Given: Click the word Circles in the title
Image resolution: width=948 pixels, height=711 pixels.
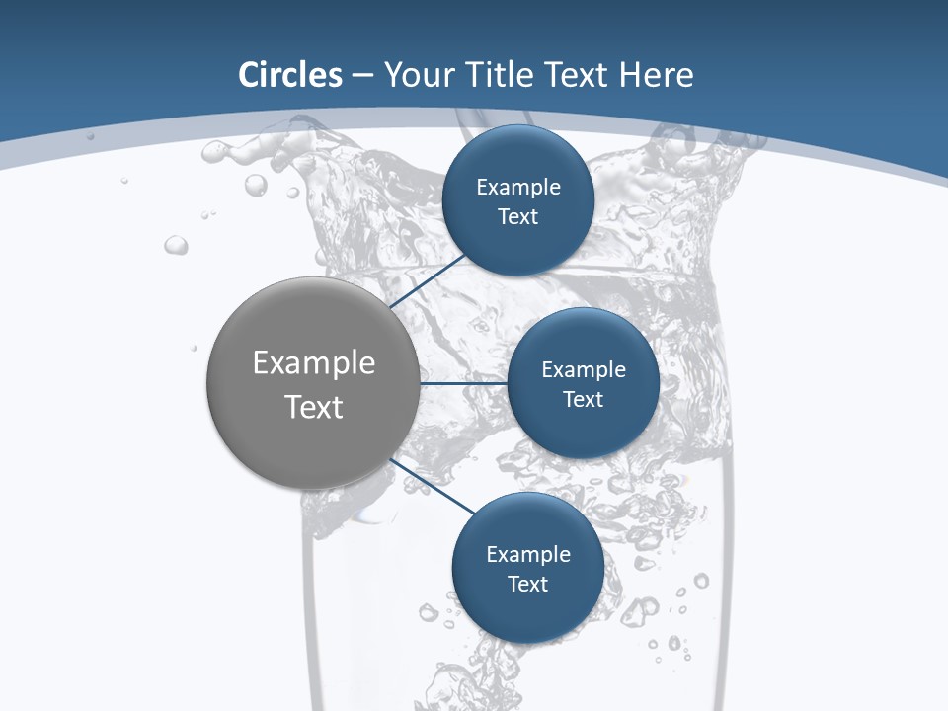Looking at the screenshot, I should tap(290, 75).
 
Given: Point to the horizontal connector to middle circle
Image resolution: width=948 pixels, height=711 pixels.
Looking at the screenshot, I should tap(463, 383).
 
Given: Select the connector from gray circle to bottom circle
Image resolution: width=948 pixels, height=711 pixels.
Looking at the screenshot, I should tap(431, 486).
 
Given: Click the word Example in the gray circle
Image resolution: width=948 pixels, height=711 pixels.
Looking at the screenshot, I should tap(313, 363).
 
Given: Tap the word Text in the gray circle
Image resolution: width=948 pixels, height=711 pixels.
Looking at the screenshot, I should tap(313, 407).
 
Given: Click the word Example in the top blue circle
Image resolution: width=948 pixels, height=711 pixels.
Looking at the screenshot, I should tap(518, 188).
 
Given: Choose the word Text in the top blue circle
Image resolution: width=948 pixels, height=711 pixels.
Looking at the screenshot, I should tap(518, 217).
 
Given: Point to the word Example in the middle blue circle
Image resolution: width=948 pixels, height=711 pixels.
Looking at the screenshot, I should tap(584, 370).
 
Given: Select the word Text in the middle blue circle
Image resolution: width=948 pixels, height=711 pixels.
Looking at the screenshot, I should tap(584, 399).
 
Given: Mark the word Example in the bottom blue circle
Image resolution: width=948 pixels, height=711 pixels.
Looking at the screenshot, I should tap(528, 555).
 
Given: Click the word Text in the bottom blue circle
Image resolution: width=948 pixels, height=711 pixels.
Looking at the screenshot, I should tap(528, 584).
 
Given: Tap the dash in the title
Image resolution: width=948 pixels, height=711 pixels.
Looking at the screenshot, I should tap(362, 76).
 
